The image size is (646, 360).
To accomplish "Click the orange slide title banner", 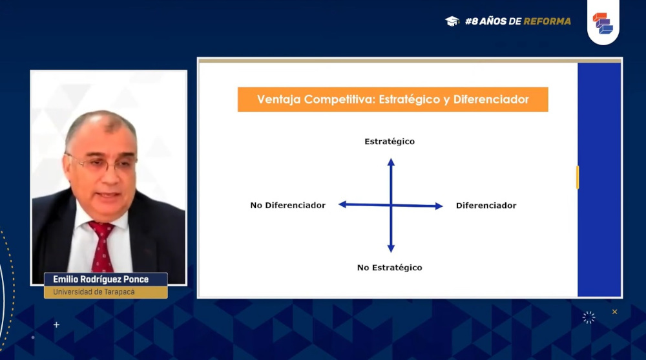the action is tap(393, 100).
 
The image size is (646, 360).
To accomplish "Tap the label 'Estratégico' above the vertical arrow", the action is tap(390, 142).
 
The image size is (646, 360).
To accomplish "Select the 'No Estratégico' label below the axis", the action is tap(390, 268).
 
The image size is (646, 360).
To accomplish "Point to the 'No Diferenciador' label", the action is tap(287, 206).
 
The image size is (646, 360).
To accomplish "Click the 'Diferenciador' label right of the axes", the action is tap(486, 206).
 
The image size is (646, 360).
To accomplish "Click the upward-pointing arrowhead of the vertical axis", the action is tap(391, 162).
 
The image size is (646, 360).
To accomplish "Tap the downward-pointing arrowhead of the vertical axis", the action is tap(391, 248).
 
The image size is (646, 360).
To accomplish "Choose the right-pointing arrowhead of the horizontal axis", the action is tap(439, 206).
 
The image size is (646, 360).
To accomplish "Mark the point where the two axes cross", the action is tap(391, 205).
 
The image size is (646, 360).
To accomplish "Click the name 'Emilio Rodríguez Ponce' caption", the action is tap(101, 279).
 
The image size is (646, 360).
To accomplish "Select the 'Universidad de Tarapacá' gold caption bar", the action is tap(106, 292).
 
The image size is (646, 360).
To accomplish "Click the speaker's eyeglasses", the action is tap(102, 164).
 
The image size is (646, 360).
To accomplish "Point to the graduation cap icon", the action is tap(452, 21).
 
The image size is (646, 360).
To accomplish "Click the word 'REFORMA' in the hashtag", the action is tap(547, 21).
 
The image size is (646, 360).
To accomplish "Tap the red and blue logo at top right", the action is tap(603, 23).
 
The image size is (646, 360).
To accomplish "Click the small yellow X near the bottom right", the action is tap(615, 312).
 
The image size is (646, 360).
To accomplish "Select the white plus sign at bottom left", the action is tap(56, 325).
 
